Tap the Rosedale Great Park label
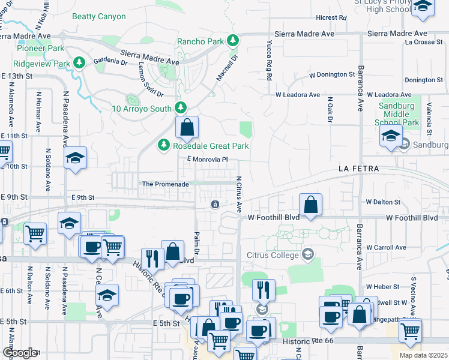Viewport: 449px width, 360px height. tap(210, 146)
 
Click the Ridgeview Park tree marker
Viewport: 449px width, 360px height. tap(79, 63)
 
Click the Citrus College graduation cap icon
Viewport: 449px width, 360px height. tap(308, 255)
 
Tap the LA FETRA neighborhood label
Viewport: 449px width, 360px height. tap(358, 169)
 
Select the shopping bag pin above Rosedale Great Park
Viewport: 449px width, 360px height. tap(187, 127)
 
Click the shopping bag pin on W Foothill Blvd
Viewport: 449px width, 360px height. tap(310, 205)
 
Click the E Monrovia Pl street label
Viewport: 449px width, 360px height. tap(208, 160)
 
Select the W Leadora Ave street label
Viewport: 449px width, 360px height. tap(298, 95)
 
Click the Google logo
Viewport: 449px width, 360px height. tap(19, 353)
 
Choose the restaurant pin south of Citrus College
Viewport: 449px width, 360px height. tap(263, 291)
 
